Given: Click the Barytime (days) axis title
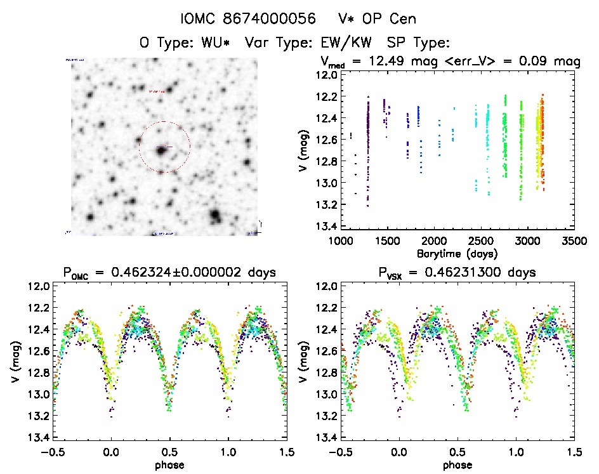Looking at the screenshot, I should pos(457,254).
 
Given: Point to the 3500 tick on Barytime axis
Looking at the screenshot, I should pos(574,242).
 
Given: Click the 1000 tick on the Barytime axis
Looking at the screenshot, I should pos(341,242).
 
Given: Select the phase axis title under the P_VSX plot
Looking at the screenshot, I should pos(457,465).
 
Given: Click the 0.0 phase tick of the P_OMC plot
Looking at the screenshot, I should pos(111,452).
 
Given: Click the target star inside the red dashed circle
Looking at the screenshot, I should pos(161,149).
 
